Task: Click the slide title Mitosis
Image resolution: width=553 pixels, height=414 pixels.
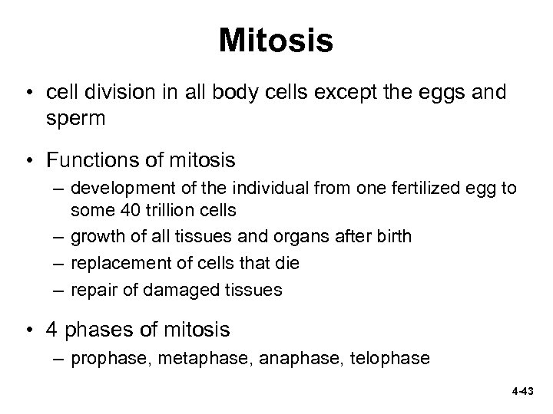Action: (276, 41)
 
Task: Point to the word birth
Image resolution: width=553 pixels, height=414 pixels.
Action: (392, 236)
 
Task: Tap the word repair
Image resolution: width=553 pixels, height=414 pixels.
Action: (91, 290)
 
